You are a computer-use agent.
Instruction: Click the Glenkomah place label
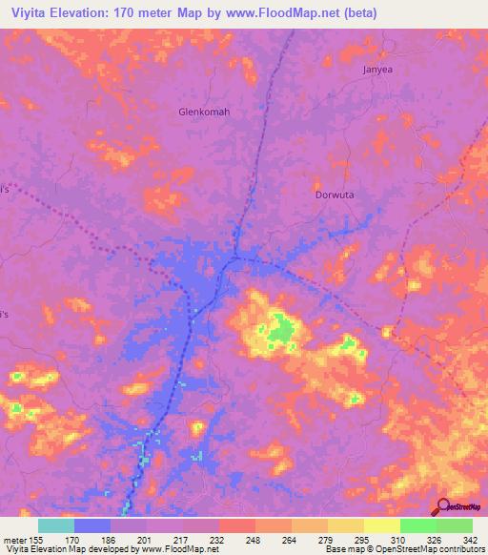coord(205,112)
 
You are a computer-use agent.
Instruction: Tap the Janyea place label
coord(378,70)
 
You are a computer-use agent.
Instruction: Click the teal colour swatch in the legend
coord(56,525)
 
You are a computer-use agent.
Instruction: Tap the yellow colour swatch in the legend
coord(381,525)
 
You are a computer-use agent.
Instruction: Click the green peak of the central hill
coord(279,332)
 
